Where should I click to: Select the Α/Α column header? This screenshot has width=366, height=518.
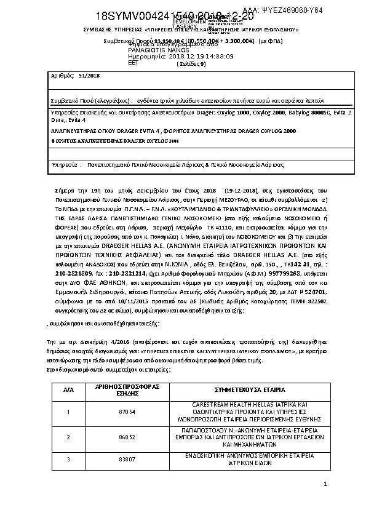point(68,390)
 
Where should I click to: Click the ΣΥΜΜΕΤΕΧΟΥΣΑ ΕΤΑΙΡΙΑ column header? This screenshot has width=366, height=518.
point(249,390)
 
